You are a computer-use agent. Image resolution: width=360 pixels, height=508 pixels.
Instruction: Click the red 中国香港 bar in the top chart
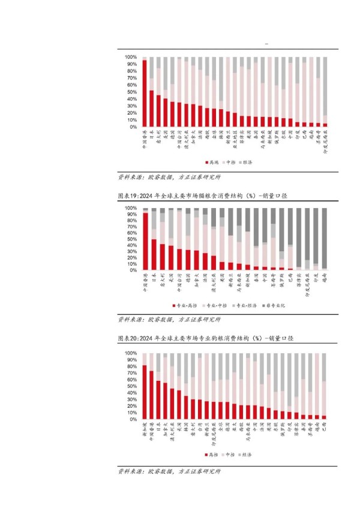pyautogui.click(x=145, y=94)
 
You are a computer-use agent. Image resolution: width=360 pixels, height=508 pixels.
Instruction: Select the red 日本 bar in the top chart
pyautogui.click(x=152, y=109)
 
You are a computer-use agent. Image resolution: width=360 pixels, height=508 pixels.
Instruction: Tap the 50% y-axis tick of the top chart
pyautogui.click(x=130, y=92)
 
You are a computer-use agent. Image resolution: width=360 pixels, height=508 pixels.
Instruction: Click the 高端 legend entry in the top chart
pyautogui.click(x=212, y=163)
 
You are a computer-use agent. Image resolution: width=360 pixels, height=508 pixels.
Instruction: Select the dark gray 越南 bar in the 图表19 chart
pyautogui.click(x=325, y=239)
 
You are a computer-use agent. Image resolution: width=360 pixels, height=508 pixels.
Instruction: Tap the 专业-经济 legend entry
pyautogui.click(x=247, y=305)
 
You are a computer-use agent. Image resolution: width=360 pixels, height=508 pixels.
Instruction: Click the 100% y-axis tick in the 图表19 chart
pyautogui.click(x=130, y=208)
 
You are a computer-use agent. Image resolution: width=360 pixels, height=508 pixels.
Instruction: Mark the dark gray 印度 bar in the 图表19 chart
pyautogui.click(x=316, y=236)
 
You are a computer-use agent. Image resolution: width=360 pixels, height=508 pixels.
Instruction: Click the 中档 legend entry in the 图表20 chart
pyautogui.click(x=231, y=455)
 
